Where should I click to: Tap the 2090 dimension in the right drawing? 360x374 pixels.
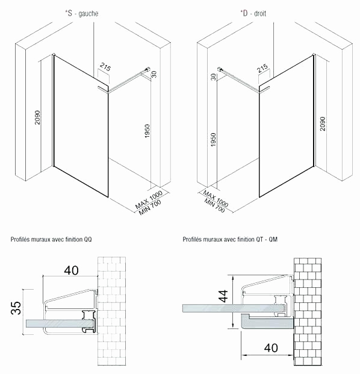[323, 123]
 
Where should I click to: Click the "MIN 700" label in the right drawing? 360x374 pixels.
[214, 206]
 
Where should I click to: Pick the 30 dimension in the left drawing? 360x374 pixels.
[154, 73]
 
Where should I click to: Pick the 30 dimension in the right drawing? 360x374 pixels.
[213, 76]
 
